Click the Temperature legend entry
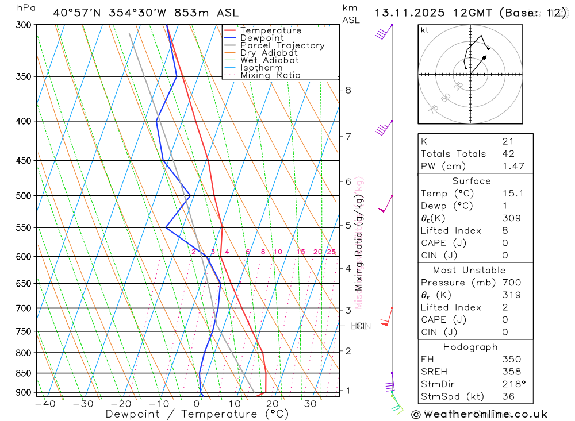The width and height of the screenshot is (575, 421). click(x=270, y=30)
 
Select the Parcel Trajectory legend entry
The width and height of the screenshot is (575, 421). click(x=282, y=45)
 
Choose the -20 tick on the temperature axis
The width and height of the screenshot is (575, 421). click(x=121, y=404)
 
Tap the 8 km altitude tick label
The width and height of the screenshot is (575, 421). click(x=348, y=90)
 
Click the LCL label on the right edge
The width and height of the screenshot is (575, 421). click(x=358, y=326)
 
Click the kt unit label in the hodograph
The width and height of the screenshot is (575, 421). click(x=425, y=30)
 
